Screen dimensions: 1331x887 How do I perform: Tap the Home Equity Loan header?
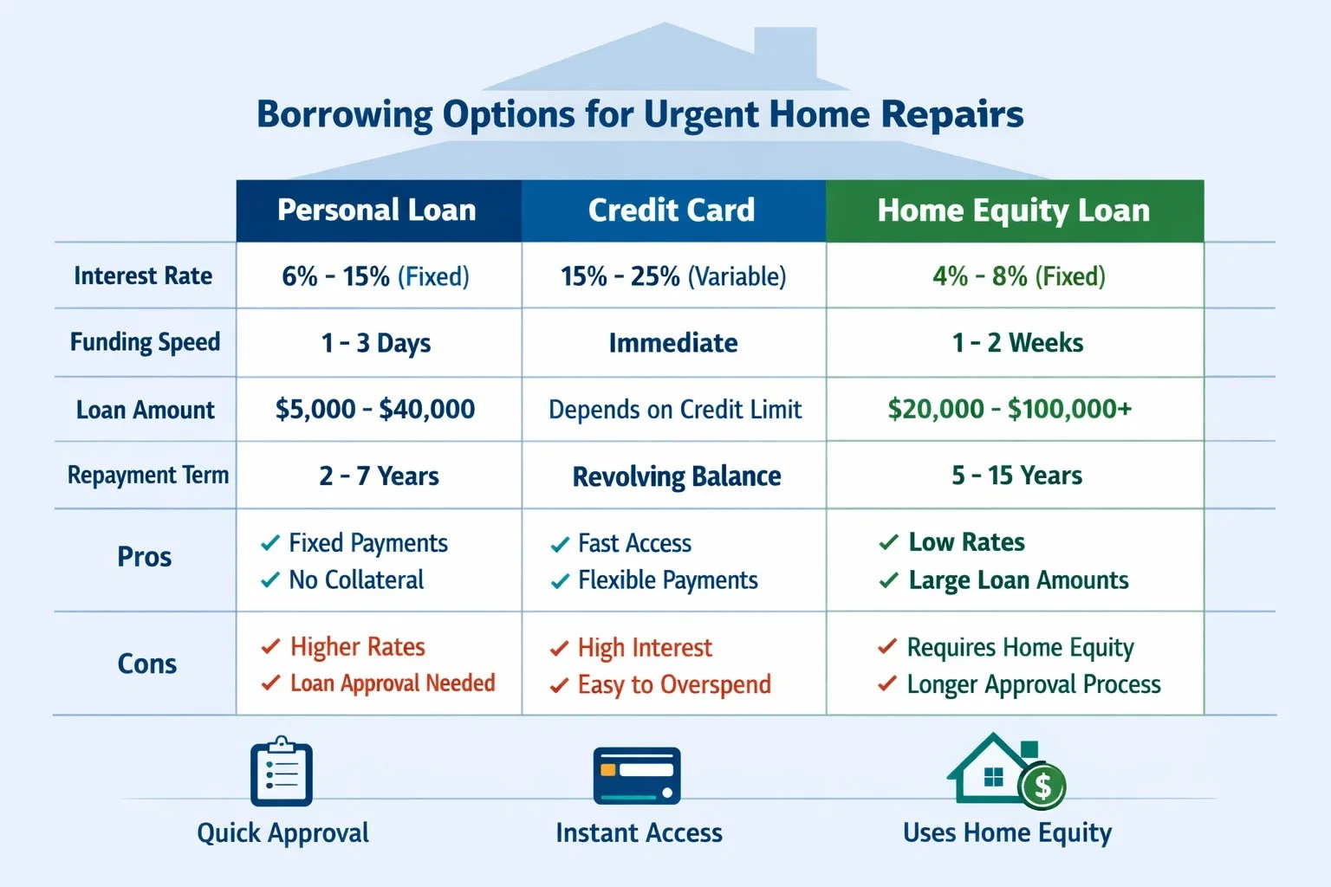click(1015, 210)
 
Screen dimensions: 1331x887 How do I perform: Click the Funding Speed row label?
click(145, 343)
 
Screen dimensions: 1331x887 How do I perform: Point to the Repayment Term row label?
click(148, 476)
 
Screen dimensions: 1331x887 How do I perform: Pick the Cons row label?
click(146, 664)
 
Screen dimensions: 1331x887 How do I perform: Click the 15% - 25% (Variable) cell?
click(673, 276)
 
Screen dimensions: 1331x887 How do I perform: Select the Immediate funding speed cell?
click(673, 343)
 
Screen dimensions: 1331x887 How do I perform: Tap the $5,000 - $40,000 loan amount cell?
click(375, 410)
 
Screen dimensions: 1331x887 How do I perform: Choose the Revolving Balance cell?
click(676, 476)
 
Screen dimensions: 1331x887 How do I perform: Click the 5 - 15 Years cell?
click(1016, 476)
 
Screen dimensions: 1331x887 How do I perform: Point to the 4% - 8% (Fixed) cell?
click(1018, 276)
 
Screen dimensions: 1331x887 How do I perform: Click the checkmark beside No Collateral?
click(270, 579)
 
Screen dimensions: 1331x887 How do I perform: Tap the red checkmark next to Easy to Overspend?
click(559, 684)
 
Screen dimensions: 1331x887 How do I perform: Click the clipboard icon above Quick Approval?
click(282, 771)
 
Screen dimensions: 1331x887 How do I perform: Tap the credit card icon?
click(637, 776)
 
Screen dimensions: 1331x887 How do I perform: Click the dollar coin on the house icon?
click(1042, 786)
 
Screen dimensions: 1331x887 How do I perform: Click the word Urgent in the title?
click(701, 115)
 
